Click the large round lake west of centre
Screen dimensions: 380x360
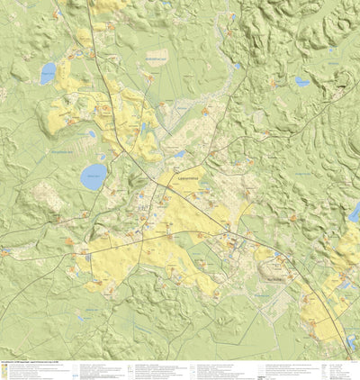[x=93, y=176]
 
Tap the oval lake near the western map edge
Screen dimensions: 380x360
[x=48, y=73]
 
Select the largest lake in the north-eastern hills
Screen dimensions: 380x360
[x=301, y=82]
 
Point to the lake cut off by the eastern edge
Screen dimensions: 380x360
[x=355, y=213]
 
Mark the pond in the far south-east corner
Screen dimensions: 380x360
[x=349, y=342]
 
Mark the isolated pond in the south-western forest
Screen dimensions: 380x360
[x=82, y=317]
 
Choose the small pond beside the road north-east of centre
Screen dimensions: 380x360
[x=238, y=66]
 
